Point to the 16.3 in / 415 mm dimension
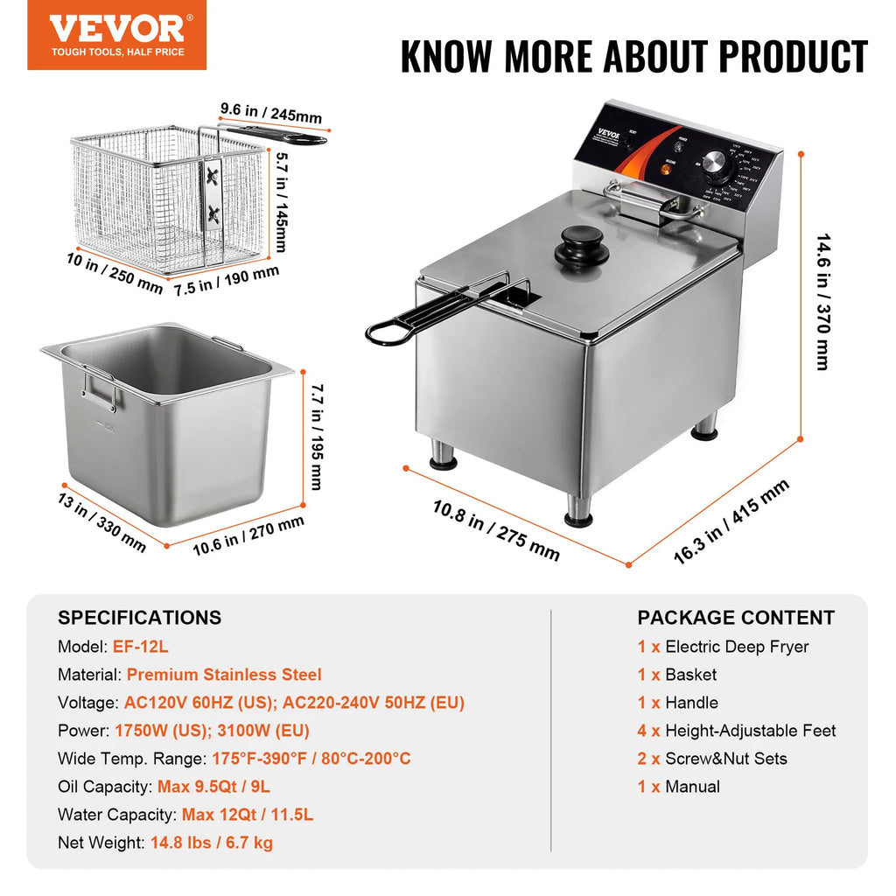tap(731, 521)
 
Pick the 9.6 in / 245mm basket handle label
tap(270, 114)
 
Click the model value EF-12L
tap(140, 647)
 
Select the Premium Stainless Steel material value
tap(224, 675)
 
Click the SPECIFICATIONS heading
tap(140, 618)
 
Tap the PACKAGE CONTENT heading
tap(736, 618)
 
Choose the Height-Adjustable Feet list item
tap(750, 731)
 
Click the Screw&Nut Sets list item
tap(725, 759)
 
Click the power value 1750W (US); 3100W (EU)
tap(212, 731)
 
